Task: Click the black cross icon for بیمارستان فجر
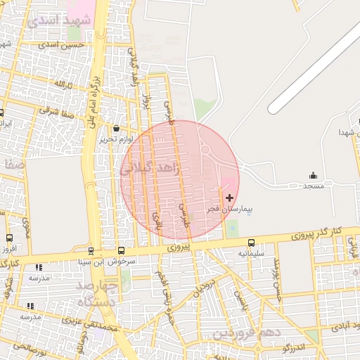229,198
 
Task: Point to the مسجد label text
313,186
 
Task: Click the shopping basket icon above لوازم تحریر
117,129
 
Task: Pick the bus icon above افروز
9,238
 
